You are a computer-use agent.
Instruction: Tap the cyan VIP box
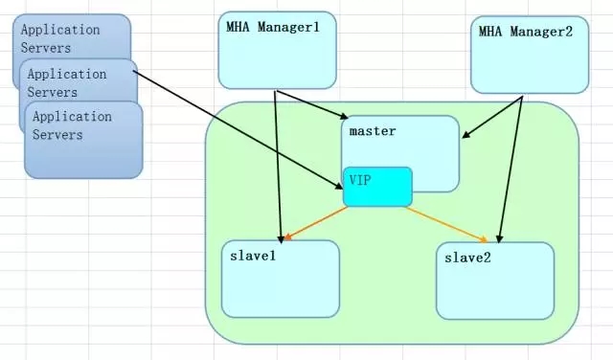[377, 187]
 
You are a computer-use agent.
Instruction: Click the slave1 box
[280, 279]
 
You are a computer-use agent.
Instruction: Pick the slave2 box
[494, 281]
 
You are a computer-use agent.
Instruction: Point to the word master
[373, 129]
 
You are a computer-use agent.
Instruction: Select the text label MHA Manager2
[527, 32]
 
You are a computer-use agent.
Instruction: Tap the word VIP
[360, 180]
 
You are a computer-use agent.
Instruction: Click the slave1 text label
[254, 255]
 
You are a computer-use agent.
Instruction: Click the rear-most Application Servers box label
[60, 37]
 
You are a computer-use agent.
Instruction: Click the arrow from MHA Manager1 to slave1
[278, 163]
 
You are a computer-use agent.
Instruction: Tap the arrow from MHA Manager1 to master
[310, 104]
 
